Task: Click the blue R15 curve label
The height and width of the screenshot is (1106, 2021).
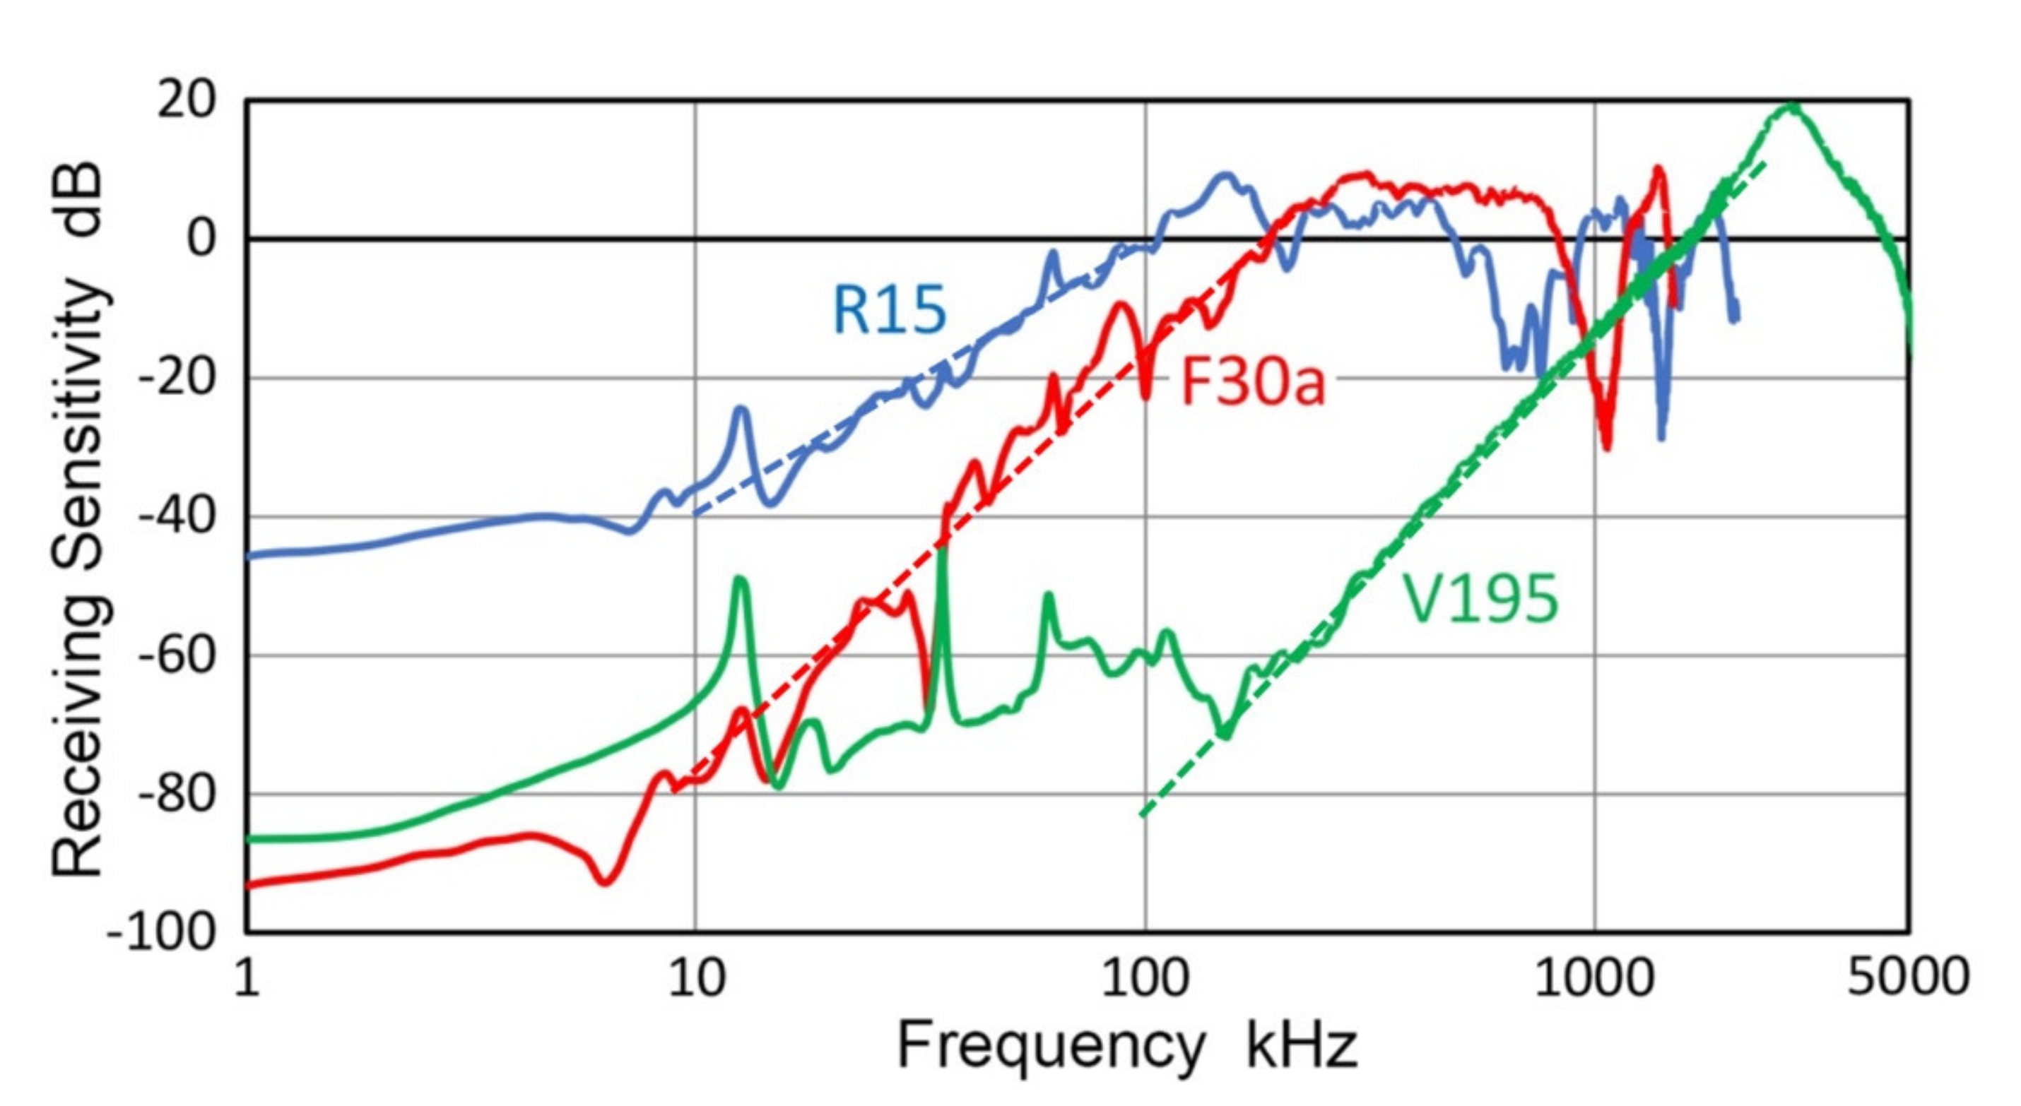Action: tap(889, 310)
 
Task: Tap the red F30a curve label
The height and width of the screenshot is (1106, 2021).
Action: tap(1252, 383)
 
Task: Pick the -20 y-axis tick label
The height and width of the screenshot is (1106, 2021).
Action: tap(177, 378)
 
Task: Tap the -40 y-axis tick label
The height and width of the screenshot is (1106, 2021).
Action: tap(177, 517)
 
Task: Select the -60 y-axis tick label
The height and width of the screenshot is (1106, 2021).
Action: tap(177, 655)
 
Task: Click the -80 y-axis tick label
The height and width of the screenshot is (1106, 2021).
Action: tap(177, 795)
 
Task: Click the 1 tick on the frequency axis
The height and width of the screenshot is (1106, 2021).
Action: tap(247, 979)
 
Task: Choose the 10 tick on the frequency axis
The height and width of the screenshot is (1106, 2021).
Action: tap(696, 979)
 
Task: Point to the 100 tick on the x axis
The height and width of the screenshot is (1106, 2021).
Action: tap(1145, 979)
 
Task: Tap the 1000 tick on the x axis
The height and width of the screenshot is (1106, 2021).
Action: tap(1594, 979)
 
